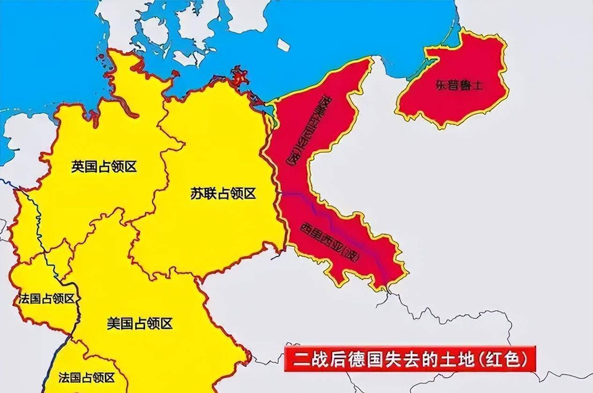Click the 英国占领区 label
[x=104, y=166]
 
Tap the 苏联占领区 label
[x=223, y=193]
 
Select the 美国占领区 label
[x=140, y=323]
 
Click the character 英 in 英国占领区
[x=78, y=166]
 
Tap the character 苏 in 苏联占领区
[x=197, y=193]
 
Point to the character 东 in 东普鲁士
[x=441, y=86]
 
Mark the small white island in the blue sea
[x=283, y=44]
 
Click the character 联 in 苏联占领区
[x=210, y=193]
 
